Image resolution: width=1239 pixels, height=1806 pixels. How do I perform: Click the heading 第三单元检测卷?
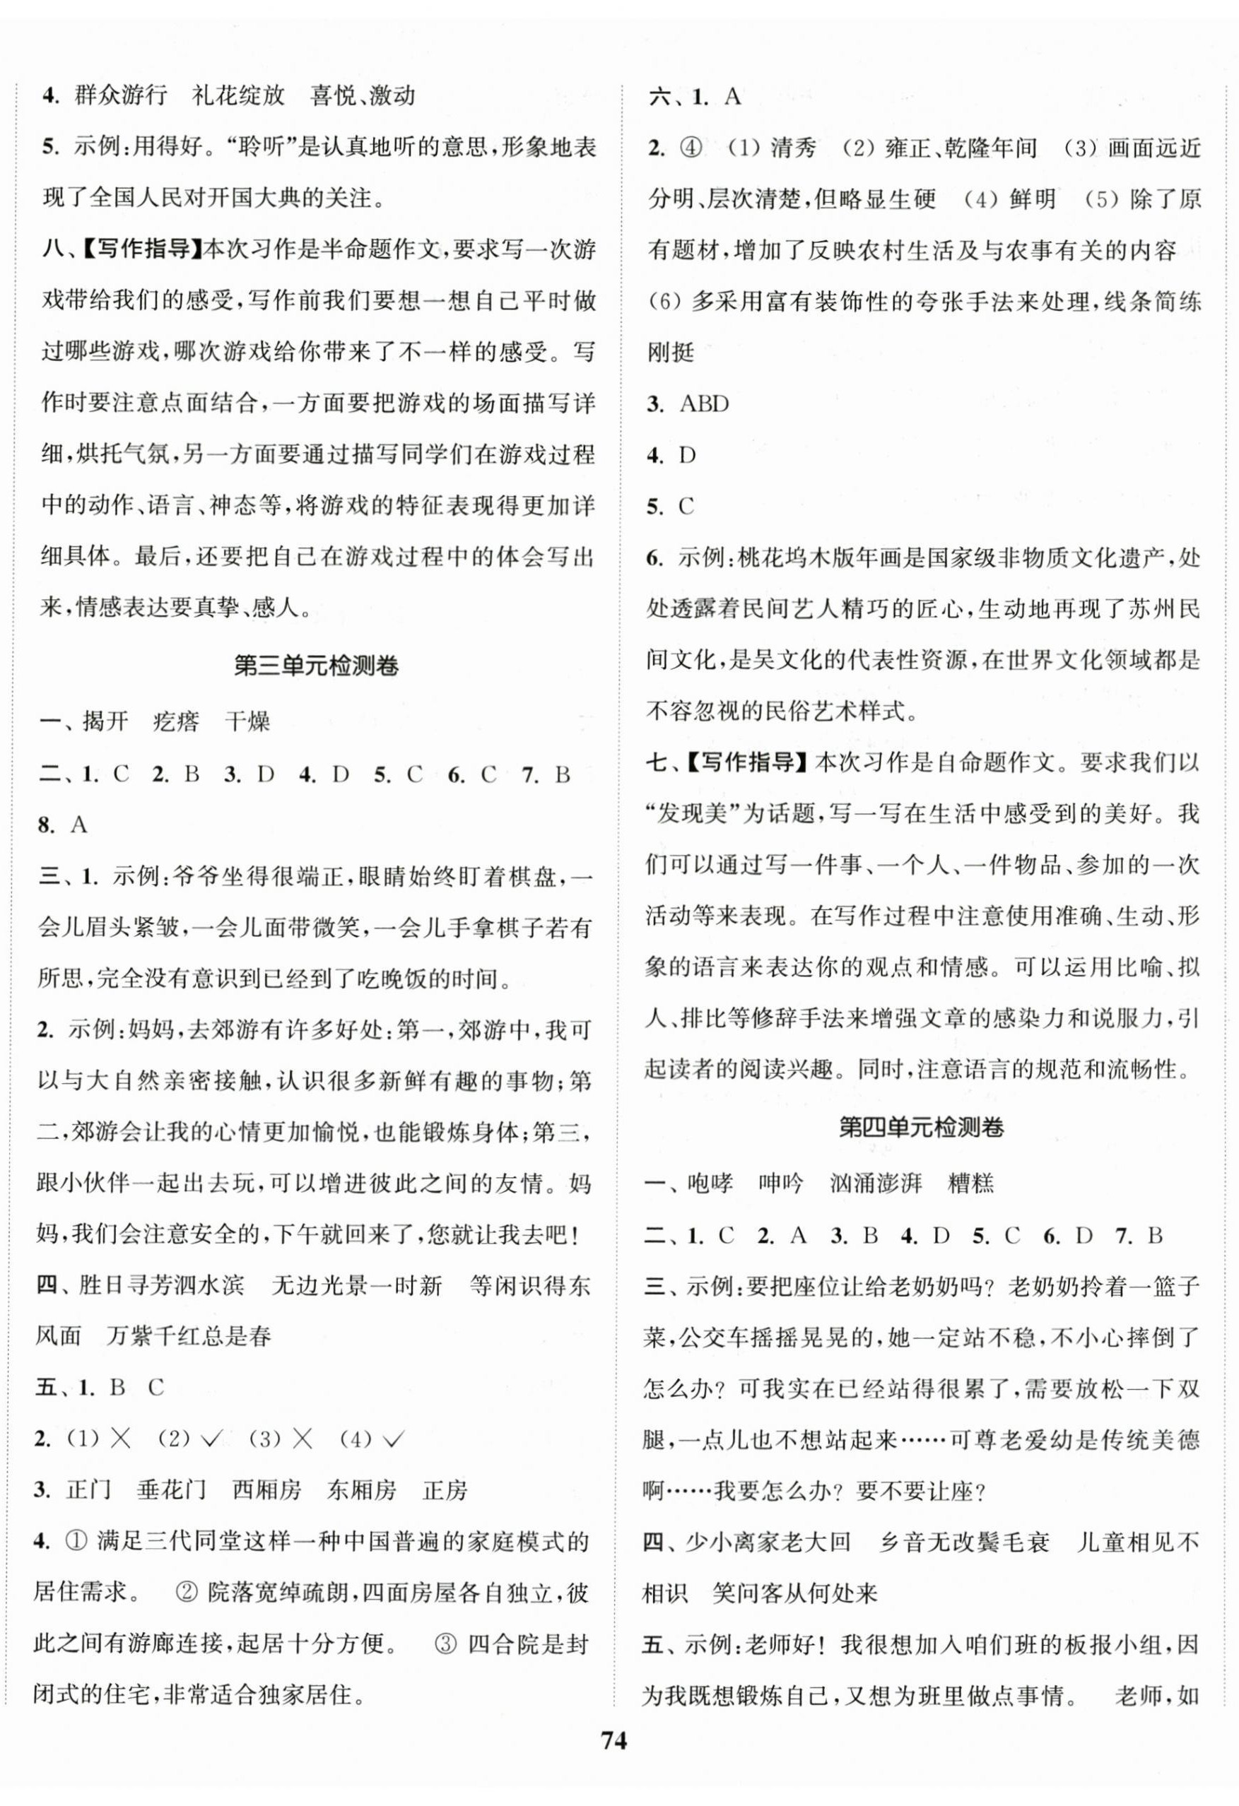pyautogui.click(x=317, y=666)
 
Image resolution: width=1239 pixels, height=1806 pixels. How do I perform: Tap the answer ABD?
pyautogui.click(x=704, y=404)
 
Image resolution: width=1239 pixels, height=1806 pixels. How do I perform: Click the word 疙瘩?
pyautogui.click(x=176, y=722)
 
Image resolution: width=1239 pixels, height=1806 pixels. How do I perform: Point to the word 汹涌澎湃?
pyautogui.click(x=875, y=1184)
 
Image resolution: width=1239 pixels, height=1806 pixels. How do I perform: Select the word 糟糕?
pyautogui.click(x=971, y=1184)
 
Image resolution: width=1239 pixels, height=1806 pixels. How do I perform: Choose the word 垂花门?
pyautogui.click(x=171, y=1489)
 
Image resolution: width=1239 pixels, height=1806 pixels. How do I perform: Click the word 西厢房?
pyautogui.click(x=266, y=1489)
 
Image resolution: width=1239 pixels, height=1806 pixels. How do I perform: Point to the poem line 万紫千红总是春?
pyautogui.click(x=188, y=1337)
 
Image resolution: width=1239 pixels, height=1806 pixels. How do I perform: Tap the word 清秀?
pyautogui.click(x=793, y=148)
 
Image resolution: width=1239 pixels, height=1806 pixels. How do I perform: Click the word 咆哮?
pyautogui.click(x=710, y=1184)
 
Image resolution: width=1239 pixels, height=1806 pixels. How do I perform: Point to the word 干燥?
pyautogui.click(x=247, y=722)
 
